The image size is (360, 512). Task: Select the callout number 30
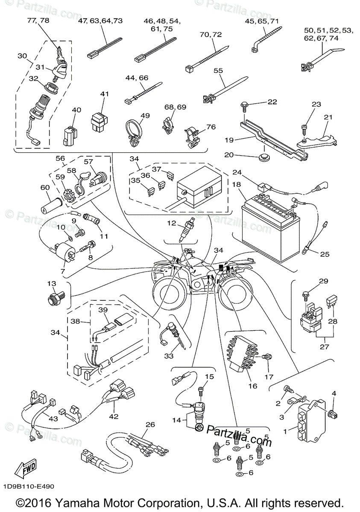(22, 56)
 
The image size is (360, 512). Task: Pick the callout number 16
(252, 386)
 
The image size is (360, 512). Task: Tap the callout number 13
(52, 284)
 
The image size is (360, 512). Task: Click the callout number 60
(45, 187)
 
